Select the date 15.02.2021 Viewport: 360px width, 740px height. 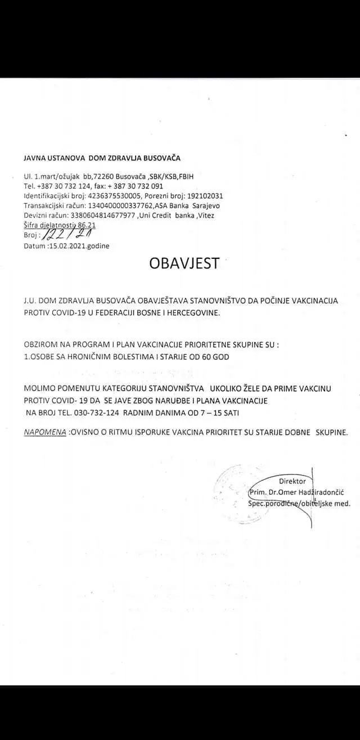pos(66,246)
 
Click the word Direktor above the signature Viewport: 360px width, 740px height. pos(292,481)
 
